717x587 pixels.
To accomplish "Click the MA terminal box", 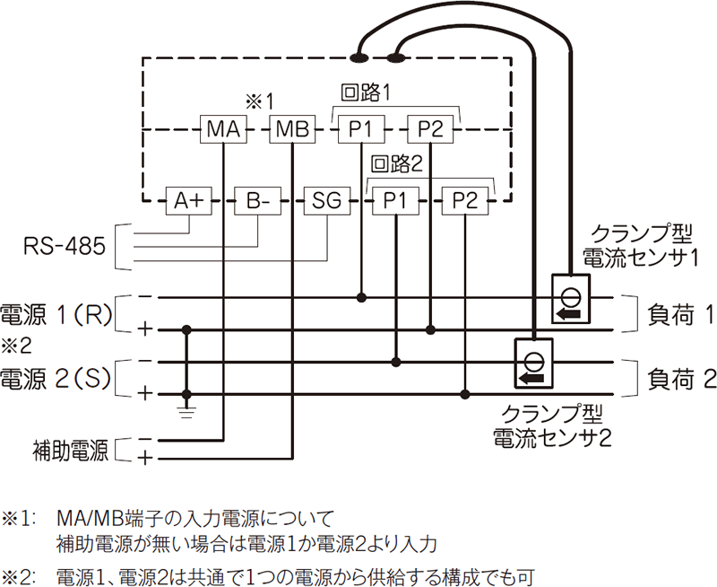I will click(221, 130).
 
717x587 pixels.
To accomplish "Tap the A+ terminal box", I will click(189, 201).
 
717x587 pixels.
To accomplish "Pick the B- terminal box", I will click(258, 201).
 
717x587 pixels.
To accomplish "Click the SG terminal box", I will click(327, 201).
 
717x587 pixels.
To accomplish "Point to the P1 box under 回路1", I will click(361, 130).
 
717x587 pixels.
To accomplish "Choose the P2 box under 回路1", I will click(431, 130).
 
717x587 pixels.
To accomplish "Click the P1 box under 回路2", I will click(396, 201).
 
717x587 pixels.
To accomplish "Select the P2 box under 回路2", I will click(465, 201).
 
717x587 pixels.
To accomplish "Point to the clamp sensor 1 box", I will click(568, 298).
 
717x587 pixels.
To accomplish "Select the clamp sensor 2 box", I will click(533, 363).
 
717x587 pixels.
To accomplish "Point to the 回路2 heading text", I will click(395, 164).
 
